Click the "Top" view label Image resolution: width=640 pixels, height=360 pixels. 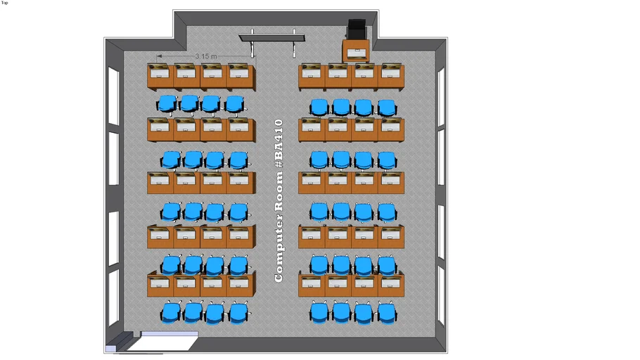coord(4,3)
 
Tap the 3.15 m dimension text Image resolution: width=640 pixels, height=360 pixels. coord(205,56)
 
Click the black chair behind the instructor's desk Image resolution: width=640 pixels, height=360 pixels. coord(357,30)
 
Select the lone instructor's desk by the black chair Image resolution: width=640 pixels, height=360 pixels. coord(357,51)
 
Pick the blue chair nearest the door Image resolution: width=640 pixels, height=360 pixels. coord(170,312)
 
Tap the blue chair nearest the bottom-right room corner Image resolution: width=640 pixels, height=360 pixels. coord(386,312)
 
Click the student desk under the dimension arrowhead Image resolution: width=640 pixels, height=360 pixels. coord(160,75)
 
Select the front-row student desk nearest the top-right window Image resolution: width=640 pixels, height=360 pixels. coord(391,75)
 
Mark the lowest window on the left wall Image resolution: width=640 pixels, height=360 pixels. coord(113,295)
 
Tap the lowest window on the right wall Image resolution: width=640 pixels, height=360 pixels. coord(441,295)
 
